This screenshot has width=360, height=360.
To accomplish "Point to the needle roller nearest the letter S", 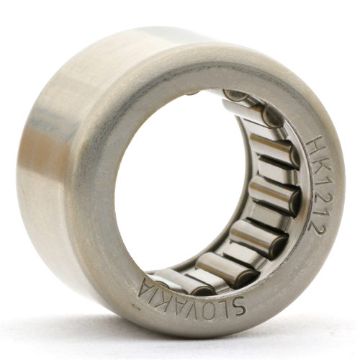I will click(238, 274).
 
